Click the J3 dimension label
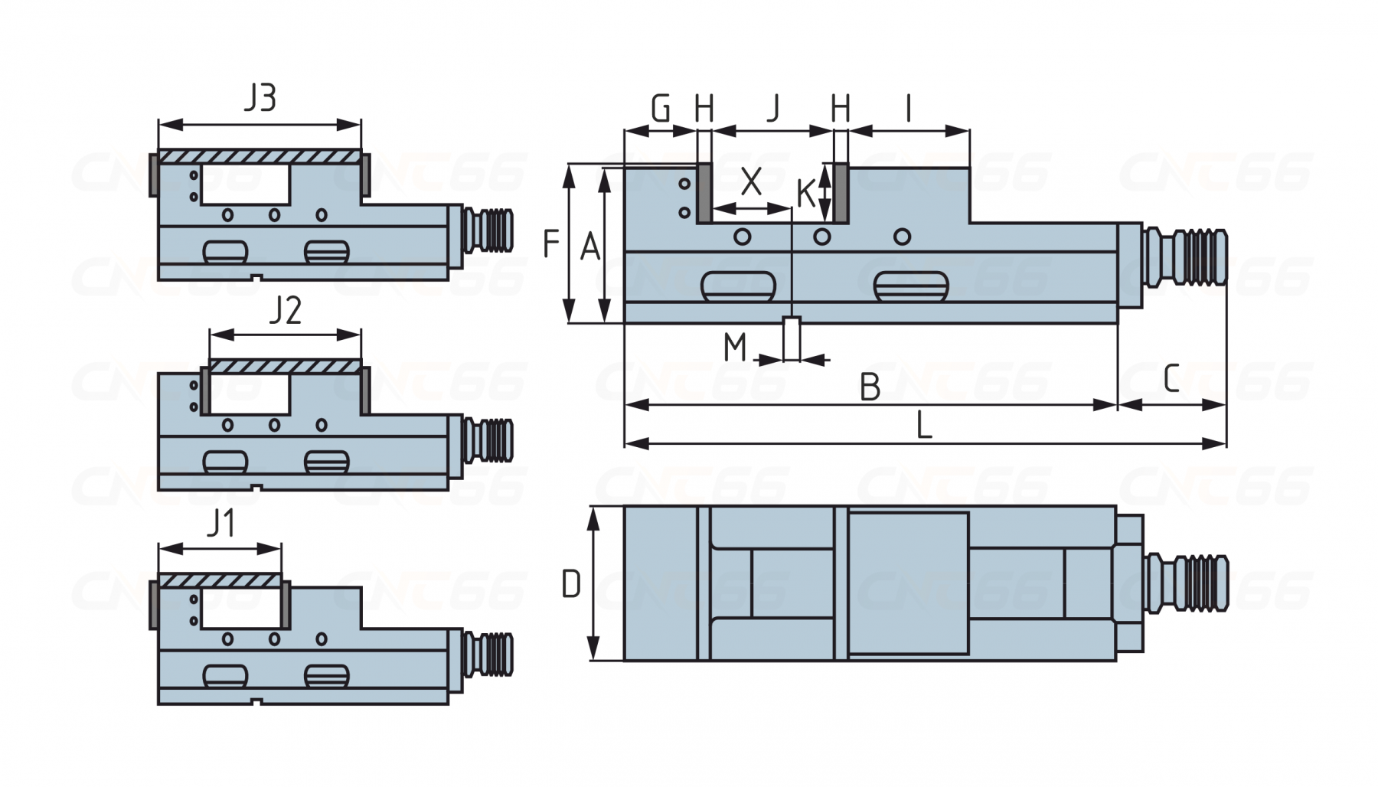(x=260, y=99)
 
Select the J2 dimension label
(x=285, y=311)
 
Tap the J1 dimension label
(x=220, y=524)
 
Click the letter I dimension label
(x=908, y=109)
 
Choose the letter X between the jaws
(x=751, y=182)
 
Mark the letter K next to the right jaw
(x=805, y=194)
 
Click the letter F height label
(x=550, y=245)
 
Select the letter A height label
(x=589, y=247)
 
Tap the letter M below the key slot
(x=735, y=348)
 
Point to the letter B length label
(x=870, y=387)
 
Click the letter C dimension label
(x=1171, y=378)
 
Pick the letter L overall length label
(x=924, y=426)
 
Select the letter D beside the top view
(x=571, y=585)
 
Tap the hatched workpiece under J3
(x=260, y=156)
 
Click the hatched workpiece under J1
(x=220, y=581)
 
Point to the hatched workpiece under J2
(x=285, y=367)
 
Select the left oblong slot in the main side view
(x=738, y=286)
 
